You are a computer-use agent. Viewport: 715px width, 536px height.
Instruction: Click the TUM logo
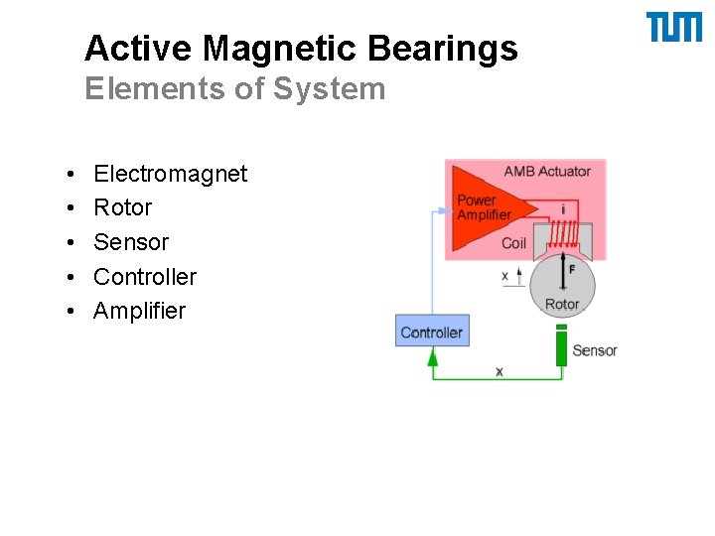coord(674,28)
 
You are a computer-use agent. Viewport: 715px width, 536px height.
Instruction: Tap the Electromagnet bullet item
coord(170,175)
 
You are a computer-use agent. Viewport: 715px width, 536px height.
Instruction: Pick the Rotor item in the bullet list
coord(122,208)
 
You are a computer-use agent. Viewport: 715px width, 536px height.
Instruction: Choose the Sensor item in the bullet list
coord(131,243)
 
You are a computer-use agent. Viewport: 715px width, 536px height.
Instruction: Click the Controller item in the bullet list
coord(145,277)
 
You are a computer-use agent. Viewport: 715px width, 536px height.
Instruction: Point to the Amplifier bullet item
coord(139,312)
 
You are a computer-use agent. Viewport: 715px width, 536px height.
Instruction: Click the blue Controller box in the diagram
coord(431,333)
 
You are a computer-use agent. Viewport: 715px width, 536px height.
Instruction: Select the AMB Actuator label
coord(546,172)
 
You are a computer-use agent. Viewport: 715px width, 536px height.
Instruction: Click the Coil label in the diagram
coord(513,243)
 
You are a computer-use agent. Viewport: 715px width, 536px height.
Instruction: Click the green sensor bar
coord(561,348)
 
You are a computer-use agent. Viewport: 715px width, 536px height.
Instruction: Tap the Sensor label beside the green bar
coord(595,350)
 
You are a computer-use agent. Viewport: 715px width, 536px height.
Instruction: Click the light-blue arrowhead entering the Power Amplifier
coord(443,210)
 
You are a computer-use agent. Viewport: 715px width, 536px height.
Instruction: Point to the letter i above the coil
coord(563,209)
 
